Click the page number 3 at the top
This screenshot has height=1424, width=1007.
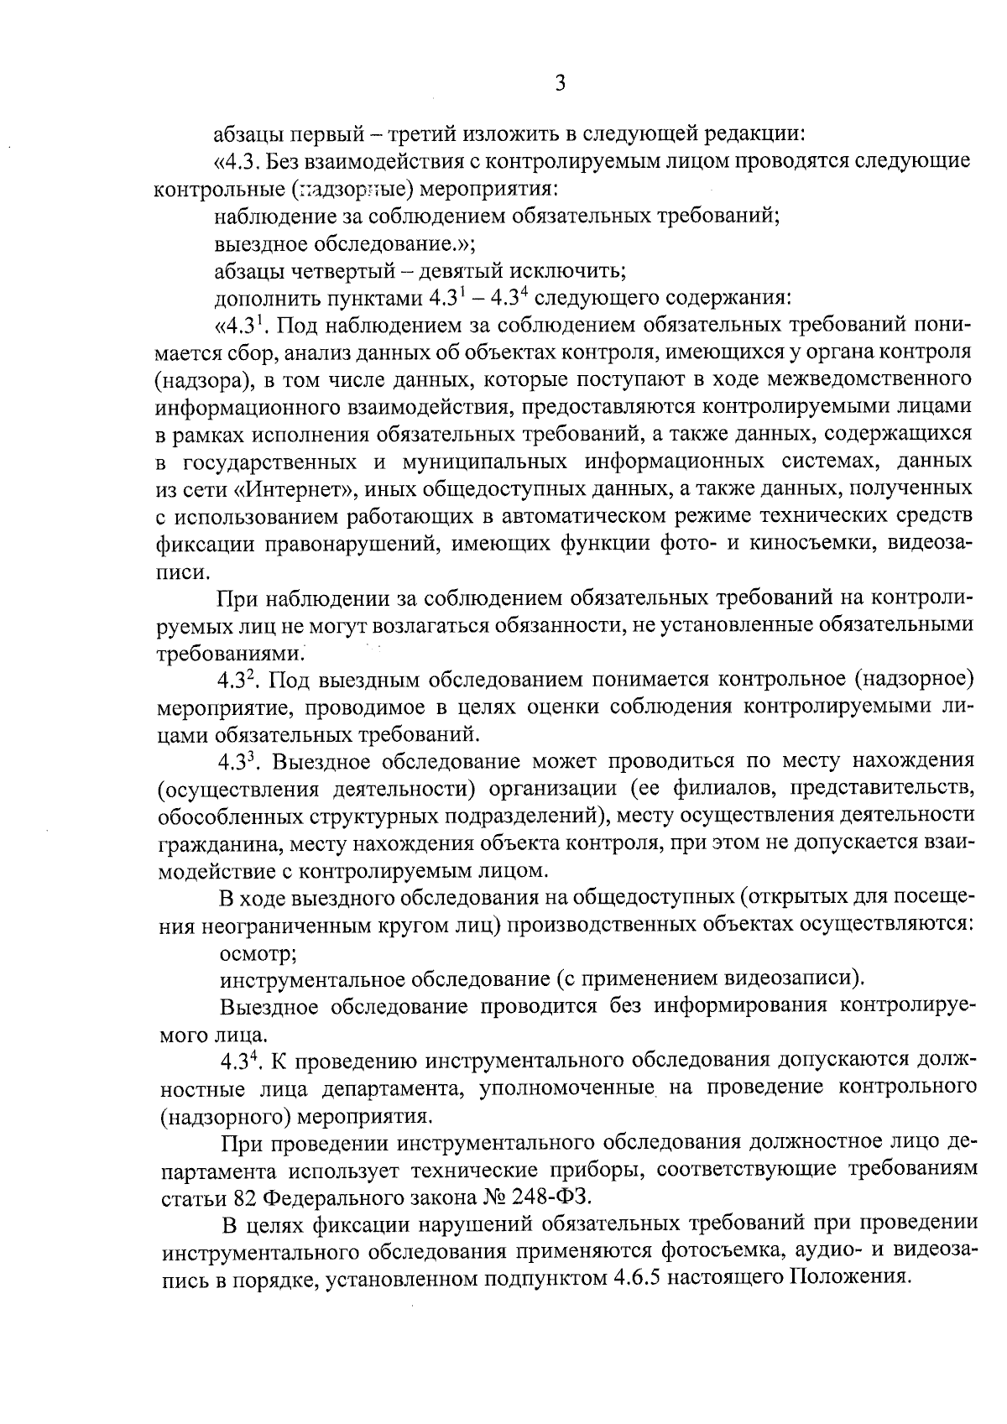(x=560, y=83)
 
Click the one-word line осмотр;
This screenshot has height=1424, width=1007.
(x=257, y=953)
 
